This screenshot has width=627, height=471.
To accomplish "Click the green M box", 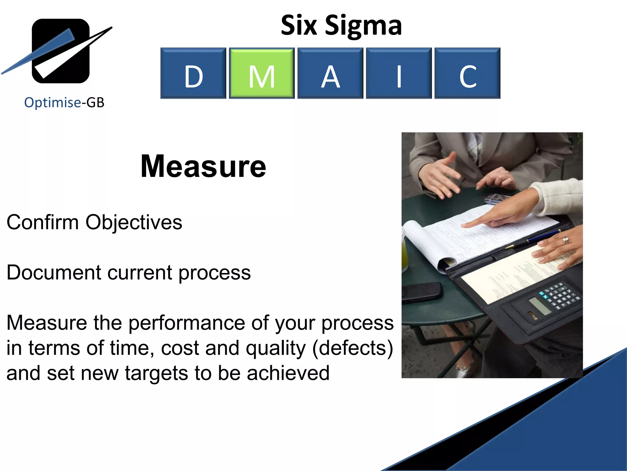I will (262, 73).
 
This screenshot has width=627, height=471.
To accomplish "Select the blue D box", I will (193, 73).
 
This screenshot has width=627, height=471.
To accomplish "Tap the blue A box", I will (330, 73).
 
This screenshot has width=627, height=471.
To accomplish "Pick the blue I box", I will (399, 73).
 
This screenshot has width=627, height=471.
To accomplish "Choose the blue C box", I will (467, 73).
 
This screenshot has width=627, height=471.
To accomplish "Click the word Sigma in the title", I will (363, 26).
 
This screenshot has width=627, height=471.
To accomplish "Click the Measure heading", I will (203, 166).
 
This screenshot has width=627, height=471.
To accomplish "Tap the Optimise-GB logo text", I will (64, 102).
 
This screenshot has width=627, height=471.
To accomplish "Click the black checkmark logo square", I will (61, 51).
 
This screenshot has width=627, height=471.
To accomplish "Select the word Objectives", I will (134, 223).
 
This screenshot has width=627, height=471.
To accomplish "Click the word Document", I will (54, 272).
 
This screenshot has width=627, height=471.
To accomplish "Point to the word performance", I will (186, 323).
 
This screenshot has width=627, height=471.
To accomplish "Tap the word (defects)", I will (352, 348).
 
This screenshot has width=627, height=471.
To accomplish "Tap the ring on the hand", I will (565, 239).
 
